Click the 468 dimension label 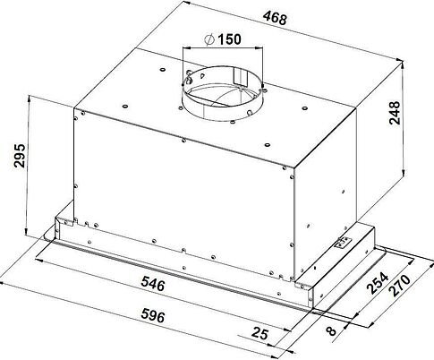coord(275,19)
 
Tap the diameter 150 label coord(223,39)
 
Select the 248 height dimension coord(395,113)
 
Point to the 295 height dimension coord(20,156)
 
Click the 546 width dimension coord(153,283)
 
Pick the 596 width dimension coord(153,315)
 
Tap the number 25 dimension coord(260,333)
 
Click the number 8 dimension coord(331,330)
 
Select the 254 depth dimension coord(378,283)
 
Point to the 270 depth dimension coord(400,286)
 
